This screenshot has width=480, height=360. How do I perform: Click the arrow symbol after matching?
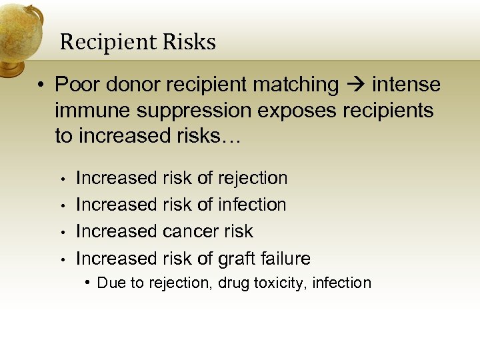point(355,85)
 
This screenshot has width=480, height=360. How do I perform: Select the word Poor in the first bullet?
point(76,85)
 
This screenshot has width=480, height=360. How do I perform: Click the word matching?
point(296,85)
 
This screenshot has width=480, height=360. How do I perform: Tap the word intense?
point(406,85)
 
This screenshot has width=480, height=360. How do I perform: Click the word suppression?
point(180,110)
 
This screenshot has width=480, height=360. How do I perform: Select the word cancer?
point(188,231)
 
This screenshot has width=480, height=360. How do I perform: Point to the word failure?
point(285,258)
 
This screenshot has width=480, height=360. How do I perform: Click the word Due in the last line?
point(109,283)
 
